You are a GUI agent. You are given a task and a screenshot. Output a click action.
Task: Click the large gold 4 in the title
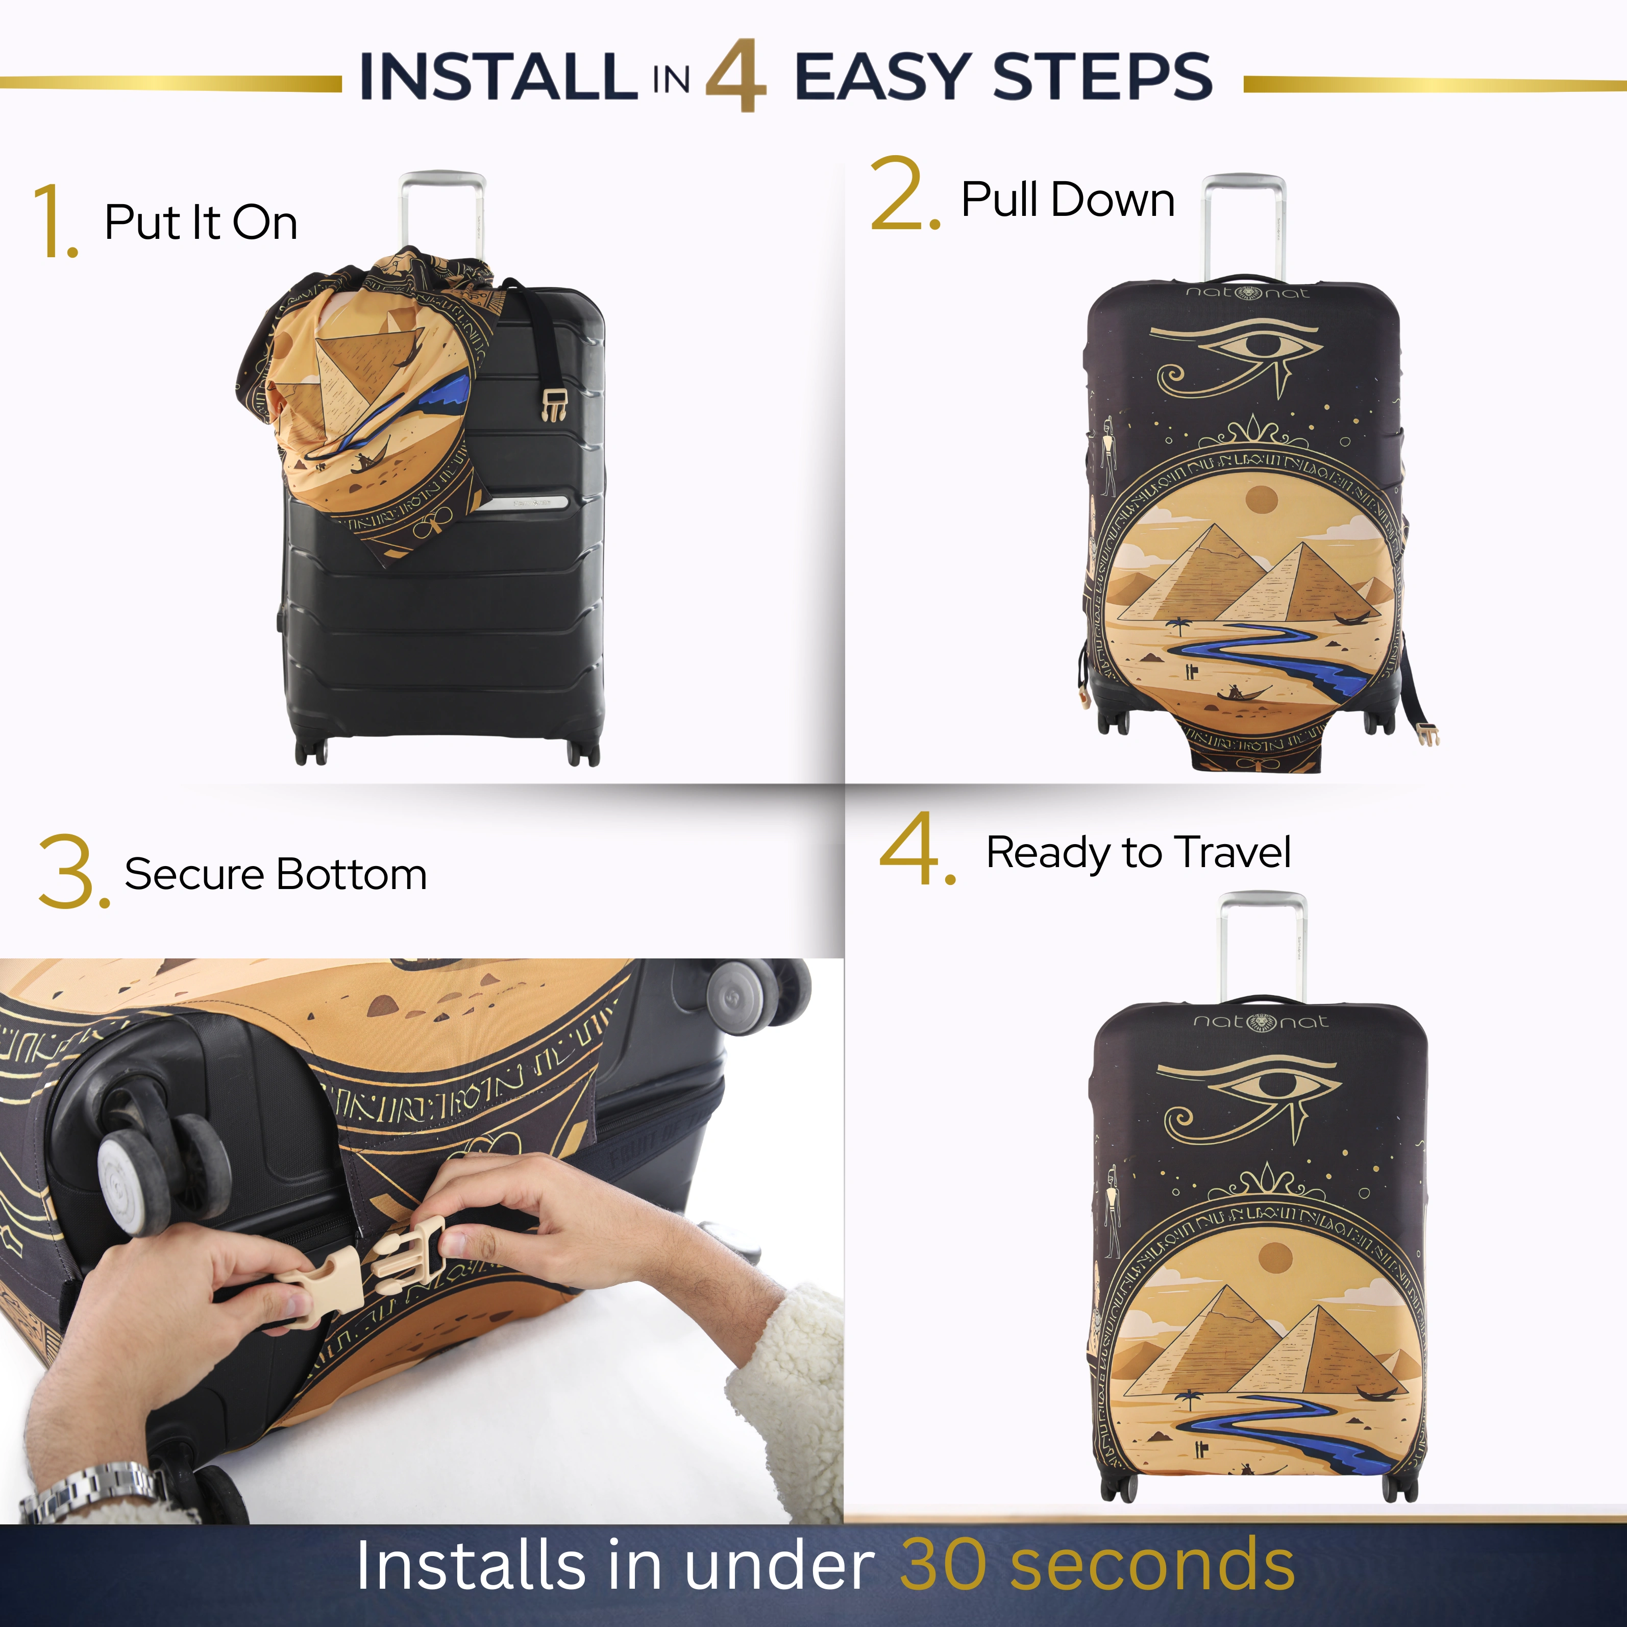[735, 76]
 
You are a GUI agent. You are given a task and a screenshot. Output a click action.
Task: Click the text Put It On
[201, 223]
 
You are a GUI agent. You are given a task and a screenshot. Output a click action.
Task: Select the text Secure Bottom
[276, 874]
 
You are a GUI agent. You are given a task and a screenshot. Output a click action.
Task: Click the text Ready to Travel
[1139, 853]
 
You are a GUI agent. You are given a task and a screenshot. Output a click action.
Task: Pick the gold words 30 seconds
[1097, 1565]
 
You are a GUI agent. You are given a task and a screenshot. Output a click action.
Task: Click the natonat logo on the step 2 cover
[1247, 292]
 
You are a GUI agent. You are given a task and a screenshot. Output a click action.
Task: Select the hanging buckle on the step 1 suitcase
[553, 404]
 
